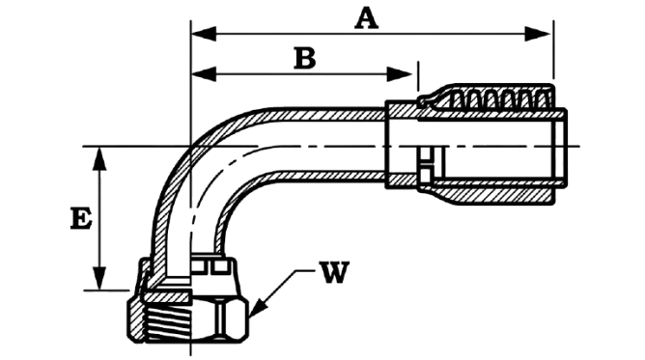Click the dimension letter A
pyautogui.click(x=367, y=19)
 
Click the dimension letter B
pyautogui.click(x=305, y=58)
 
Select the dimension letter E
pyautogui.click(x=81, y=218)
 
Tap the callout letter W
pyautogui.click(x=336, y=272)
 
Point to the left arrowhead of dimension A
pyautogui.click(x=204, y=34)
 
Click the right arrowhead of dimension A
pyautogui.click(x=538, y=34)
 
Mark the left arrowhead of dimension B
pyautogui.click(x=204, y=74)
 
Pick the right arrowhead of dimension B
pyautogui.click(x=400, y=74)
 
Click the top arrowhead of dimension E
pyautogui.click(x=99, y=158)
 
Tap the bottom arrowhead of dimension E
pyautogui.click(x=99, y=278)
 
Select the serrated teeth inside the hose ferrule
pyautogui.click(x=500, y=99)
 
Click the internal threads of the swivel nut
pyautogui.click(x=170, y=325)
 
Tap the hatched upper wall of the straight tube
pyautogui.click(x=325, y=114)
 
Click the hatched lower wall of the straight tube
pyautogui.click(x=325, y=178)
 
